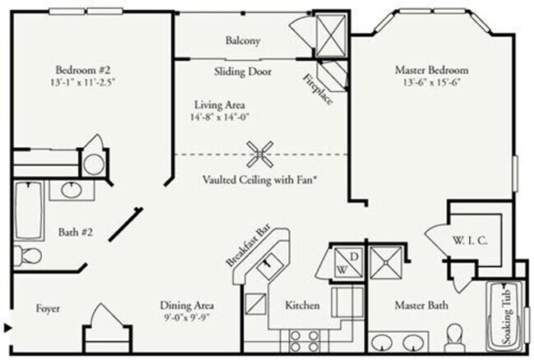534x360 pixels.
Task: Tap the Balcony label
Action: (243, 40)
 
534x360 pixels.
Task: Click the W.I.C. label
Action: (470, 241)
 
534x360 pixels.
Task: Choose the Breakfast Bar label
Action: (252, 247)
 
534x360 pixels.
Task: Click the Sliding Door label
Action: (242, 72)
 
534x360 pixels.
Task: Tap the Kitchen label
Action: (302, 306)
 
